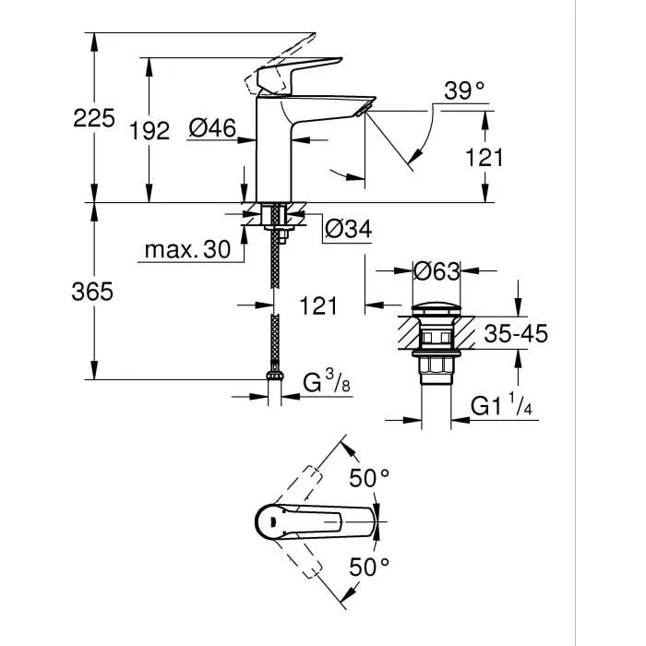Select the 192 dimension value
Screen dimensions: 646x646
(x=150, y=130)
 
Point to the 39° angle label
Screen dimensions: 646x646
(x=464, y=90)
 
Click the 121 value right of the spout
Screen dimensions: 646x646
(x=484, y=157)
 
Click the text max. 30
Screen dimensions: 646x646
(x=187, y=250)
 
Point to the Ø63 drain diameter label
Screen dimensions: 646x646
(x=436, y=271)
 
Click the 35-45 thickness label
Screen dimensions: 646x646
(x=516, y=333)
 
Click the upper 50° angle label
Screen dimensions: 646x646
(x=370, y=477)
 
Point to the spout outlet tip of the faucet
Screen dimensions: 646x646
(x=363, y=110)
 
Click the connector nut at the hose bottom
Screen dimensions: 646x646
(x=273, y=377)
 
